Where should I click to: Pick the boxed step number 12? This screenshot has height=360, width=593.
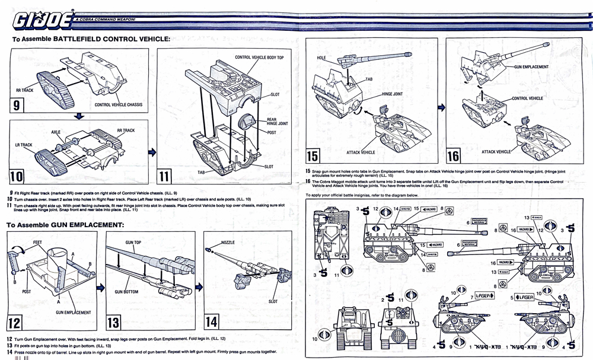pos(18,321)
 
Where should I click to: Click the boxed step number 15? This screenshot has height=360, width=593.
pos(313,157)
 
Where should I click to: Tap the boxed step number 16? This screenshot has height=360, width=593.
pos(453,157)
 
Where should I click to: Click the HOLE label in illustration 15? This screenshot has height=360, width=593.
pos(321,58)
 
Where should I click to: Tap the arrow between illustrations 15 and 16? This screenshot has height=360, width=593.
pos(441,107)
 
